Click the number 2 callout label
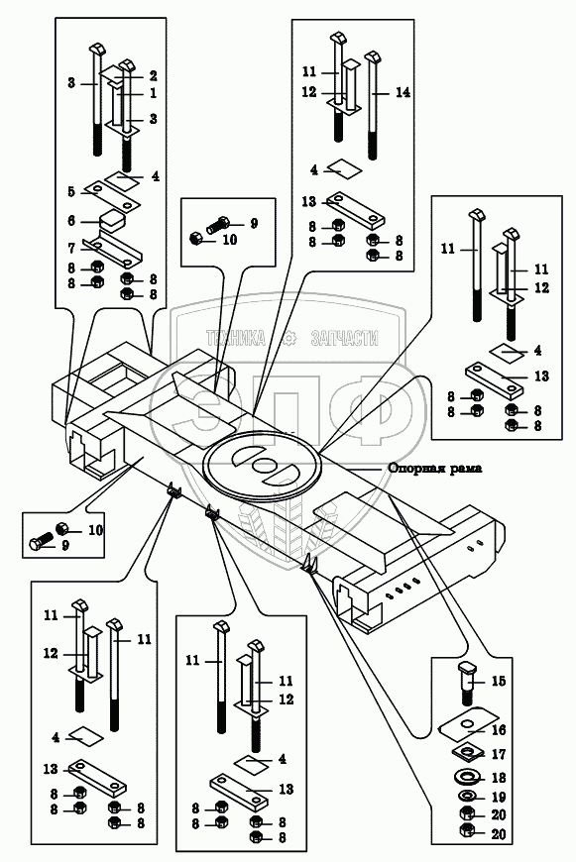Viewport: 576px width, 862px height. (x=153, y=76)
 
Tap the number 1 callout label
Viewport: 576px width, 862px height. (x=153, y=93)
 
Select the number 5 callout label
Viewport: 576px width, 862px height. (x=71, y=192)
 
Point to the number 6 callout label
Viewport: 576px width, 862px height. (x=71, y=221)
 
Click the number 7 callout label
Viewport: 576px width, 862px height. (x=71, y=249)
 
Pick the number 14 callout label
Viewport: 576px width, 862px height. (x=403, y=92)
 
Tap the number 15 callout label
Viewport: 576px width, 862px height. (x=498, y=681)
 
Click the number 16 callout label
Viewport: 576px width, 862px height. (x=499, y=730)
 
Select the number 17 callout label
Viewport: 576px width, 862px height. (x=499, y=754)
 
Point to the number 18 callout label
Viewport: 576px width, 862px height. (x=499, y=778)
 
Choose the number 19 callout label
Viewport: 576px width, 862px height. (x=499, y=798)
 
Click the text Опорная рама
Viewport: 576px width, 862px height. (x=435, y=469)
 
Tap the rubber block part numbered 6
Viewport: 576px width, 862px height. (x=112, y=221)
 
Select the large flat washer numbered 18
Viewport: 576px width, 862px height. (x=468, y=778)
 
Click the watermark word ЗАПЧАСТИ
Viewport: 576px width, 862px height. (x=345, y=338)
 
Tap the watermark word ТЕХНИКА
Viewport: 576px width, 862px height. (x=236, y=338)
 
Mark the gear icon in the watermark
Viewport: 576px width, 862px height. (x=288, y=339)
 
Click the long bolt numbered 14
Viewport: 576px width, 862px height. (x=374, y=106)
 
